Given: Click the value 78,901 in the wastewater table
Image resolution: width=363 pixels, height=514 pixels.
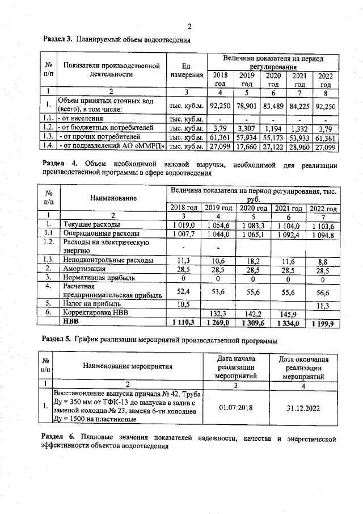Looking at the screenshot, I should [x=247, y=105].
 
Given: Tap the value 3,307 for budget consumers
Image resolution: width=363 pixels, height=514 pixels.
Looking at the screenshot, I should [x=247, y=128].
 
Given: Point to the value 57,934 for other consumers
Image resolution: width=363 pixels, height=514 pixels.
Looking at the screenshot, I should [x=247, y=137].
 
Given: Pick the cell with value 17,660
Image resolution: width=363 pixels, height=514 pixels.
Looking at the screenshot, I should [x=247, y=147].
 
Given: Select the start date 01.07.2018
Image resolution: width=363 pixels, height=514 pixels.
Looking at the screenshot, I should [x=237, y=407].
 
